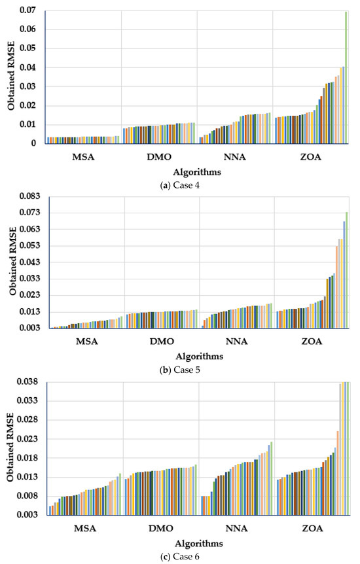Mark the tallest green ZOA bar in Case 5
coord(346,268)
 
